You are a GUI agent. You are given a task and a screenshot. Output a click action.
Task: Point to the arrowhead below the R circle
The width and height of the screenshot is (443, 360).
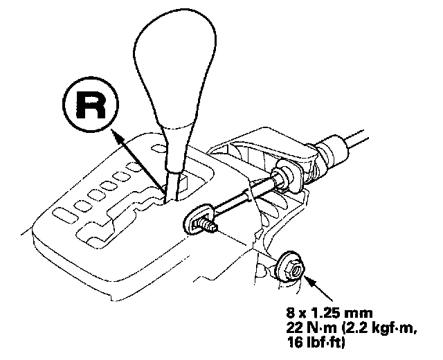tap(118, 138)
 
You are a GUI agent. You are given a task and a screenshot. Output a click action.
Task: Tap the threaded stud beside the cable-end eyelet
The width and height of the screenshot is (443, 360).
tap(207, 225)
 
